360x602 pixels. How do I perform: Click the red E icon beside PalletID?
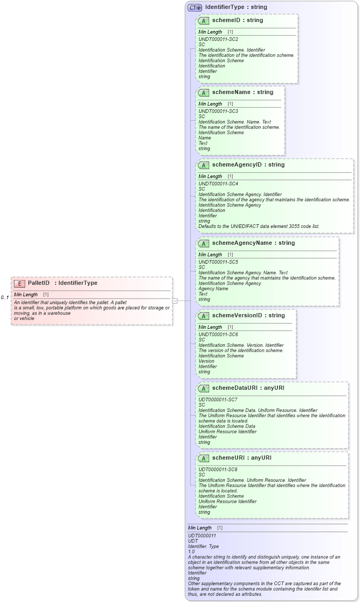(x=19, y=284)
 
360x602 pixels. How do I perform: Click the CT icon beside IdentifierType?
(x=195, y=7)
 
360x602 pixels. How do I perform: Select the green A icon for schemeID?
(x=203, y=20)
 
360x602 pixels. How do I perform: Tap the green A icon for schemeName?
(x=203, y=92)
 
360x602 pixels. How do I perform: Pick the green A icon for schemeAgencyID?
(x=203, y=165)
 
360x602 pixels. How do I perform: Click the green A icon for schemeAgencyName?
(x=203, y=243)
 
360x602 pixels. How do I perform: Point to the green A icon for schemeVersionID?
(x=203, y=316)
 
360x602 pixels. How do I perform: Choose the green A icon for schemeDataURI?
(x=203, y=388)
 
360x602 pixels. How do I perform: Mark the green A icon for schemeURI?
(x=203, y=458)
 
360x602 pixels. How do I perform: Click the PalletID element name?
(x=38, y=283)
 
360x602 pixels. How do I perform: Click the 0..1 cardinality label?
(x=5, y=298)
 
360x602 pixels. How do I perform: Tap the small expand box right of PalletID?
(x=175, y=301)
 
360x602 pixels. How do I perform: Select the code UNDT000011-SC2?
(x=218, y=39)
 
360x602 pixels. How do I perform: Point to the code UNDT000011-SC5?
(x=218, y=262)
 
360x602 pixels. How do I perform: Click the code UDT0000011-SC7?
(x=218, y=400)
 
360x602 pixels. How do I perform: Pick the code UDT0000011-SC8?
(x=218, y=470)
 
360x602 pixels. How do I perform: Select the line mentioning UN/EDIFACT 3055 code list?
(x=259, y=226)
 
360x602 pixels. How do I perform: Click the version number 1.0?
(x=191, y=552)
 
